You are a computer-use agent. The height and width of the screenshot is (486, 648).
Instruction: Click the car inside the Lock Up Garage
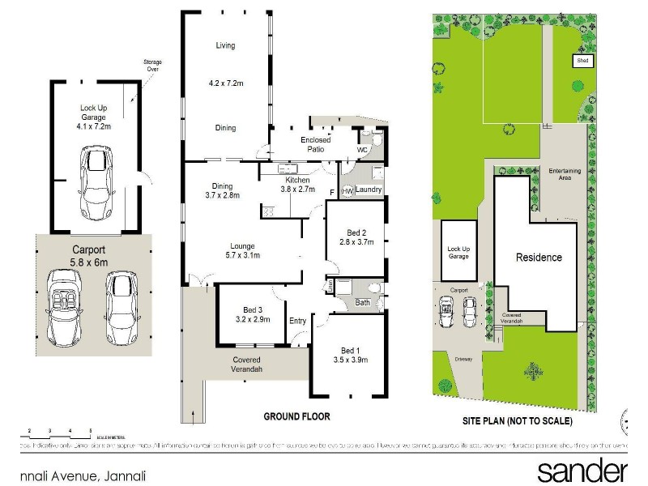pos(96,184)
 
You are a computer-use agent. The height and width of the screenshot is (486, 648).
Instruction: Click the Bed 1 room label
pos(350,355)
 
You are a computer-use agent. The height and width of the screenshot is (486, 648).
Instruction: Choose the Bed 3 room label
pos(253,314)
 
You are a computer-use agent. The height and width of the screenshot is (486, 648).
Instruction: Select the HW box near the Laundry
pos(347,190)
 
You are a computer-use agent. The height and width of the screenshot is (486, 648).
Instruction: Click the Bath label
pos(362,303)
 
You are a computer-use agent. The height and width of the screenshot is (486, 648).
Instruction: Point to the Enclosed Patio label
pos(315,145)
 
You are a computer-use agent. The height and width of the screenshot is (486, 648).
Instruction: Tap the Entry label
pos(297,321)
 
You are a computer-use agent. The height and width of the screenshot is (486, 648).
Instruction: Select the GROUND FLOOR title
pos(296,416)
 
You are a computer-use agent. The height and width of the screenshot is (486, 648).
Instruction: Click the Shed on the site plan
pos(582,61)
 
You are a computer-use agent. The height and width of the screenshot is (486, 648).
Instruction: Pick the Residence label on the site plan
pos(539,258)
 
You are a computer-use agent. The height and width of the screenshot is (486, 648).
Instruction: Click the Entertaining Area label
pos(564,174)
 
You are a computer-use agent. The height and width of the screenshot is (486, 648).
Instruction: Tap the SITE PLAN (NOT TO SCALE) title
pos(517,421)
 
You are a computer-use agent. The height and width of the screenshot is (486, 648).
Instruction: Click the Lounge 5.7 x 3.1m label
pos(242,251)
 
